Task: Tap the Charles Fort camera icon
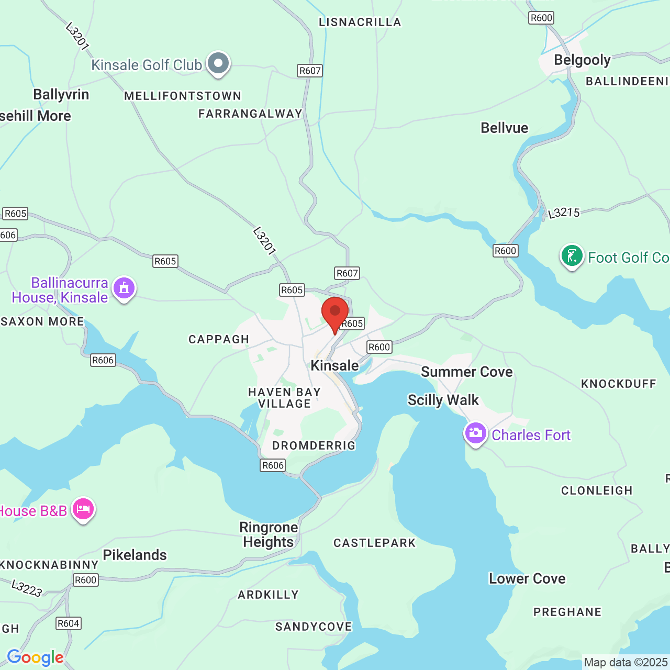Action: click(475, 433)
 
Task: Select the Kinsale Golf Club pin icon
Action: click(218, 64)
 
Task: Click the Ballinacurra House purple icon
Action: click(124, 288)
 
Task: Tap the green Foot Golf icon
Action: click(572, 256)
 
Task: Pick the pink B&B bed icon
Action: click(83, 509)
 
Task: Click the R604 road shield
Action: click(69, 623)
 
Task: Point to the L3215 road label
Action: click(564, 213)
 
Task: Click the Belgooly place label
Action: click(582, 60)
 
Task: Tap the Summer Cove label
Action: click(467, 372)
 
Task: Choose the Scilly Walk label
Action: click(443, 400)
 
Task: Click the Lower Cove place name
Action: click(527, 578)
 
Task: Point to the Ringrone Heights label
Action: click(269, 534)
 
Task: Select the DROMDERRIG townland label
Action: click(314, 445)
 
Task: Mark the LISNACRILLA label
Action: click(360, 22)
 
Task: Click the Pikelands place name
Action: click(135, 555)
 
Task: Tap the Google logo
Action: click(35, 657)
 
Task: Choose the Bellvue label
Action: click(505, 128)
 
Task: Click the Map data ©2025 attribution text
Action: click(626, 662)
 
